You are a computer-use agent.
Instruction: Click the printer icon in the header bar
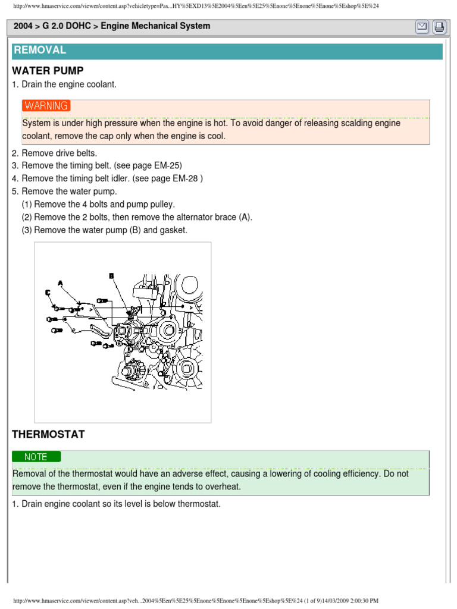tap(439, 27)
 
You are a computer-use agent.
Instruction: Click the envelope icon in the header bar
tap(422, 27)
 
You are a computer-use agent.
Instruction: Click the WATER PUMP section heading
tap(48, 71)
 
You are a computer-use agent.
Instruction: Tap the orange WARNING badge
tap(46, 106)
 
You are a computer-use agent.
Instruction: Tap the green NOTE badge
tap(36, 457)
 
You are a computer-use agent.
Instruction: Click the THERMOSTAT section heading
tap(48, 435)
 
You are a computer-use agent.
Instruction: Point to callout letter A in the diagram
tap(60, 282)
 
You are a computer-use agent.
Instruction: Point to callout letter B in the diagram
tap(111, 275)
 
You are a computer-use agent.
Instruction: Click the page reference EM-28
tap(184, 178)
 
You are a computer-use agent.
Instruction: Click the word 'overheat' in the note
tap(218, 486)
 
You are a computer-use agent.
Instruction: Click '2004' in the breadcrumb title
tap(23, 26)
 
